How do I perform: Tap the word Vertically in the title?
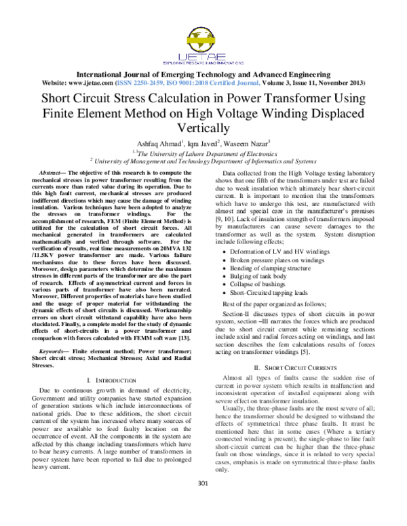point(203,127)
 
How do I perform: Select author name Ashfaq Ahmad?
point(155,144)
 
